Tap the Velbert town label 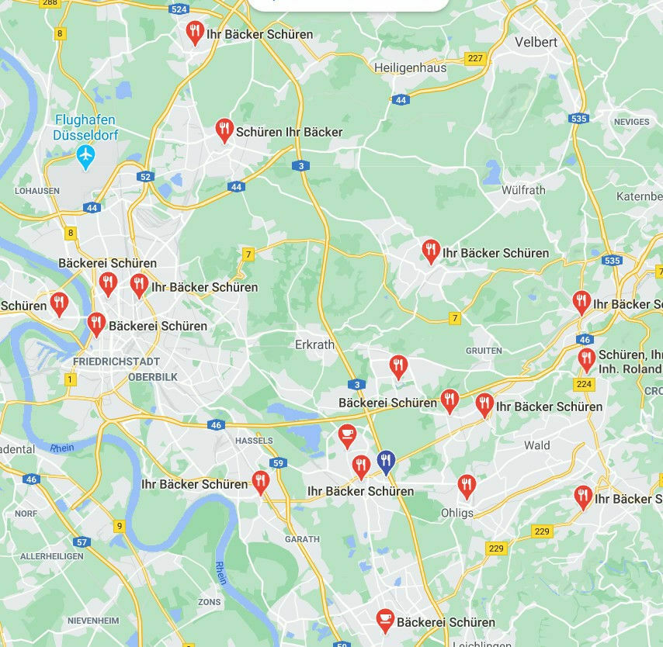(536, 42)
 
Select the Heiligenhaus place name (410, 68)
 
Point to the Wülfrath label (523, 190)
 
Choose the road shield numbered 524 (179, 9)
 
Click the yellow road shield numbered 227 (474, 58)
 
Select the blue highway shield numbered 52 (146, 177)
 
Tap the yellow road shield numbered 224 (584, 384)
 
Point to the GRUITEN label (484, 351)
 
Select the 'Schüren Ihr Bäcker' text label (289, 132)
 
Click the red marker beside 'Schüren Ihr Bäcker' (224, 130)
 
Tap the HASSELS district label (254, 441)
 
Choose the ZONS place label (209, 602)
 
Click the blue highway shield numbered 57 (82, 542)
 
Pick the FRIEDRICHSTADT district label (116, 362)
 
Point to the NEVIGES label (631, 122)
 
